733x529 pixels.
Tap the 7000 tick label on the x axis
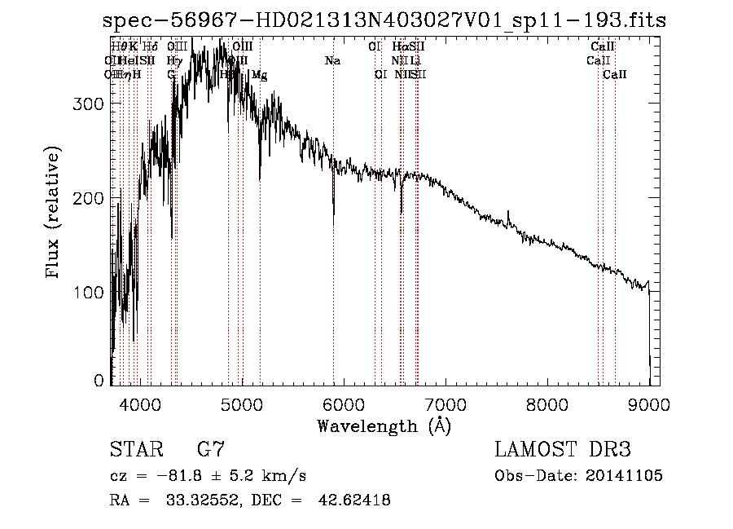pos(445,404)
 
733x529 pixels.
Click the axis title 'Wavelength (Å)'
pos(384,425)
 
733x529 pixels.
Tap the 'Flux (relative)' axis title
pos(55,214)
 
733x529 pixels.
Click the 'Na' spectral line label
pos(332,61)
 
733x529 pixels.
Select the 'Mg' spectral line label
pos(259,75)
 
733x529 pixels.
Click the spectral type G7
pos(211,450)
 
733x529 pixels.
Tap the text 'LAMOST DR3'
pos(562,450)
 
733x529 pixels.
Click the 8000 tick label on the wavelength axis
pos(546,404)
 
